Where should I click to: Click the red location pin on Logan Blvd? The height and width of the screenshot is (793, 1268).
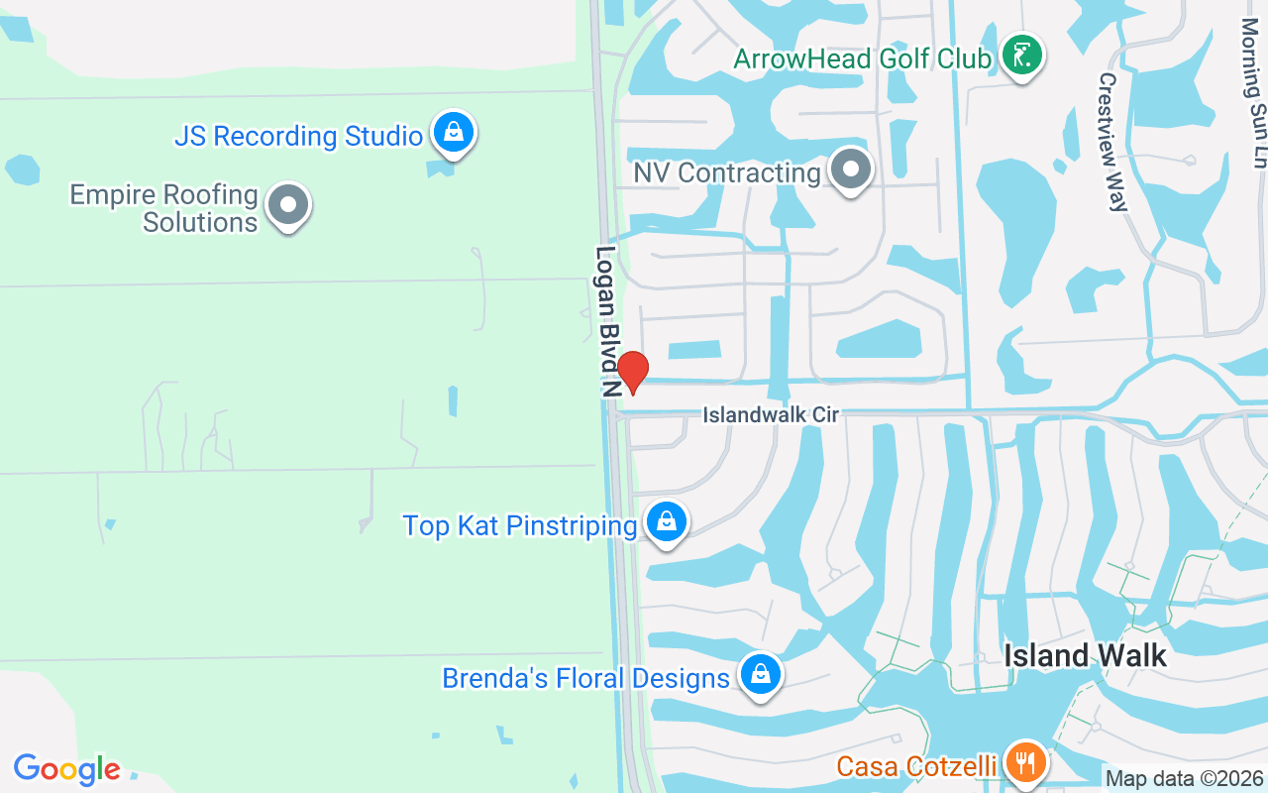coord(632,372)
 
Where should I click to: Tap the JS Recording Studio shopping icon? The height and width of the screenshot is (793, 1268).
coord(454,132)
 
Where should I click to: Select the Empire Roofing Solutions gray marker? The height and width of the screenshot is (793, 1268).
coord(288,205)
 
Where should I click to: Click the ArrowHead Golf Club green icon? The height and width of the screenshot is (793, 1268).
coord(1021,56)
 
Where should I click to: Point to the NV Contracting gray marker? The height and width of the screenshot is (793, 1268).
coord(850,170)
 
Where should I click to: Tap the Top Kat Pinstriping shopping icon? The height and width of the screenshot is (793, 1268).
coord(667,521)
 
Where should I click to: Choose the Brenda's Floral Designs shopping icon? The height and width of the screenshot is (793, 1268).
coord(760,675)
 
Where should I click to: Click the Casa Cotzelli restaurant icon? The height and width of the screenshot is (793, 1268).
coord(1023,763)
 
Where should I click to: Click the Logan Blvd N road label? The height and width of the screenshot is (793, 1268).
coord(606,321)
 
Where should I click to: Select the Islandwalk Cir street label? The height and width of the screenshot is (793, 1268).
coord(771,415)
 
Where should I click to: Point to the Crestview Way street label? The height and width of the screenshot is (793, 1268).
coord(1112,142)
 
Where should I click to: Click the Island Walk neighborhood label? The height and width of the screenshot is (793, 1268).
coord(1085,655)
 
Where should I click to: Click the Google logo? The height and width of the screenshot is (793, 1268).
coord(66,769)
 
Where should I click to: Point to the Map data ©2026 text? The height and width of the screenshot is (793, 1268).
coord(1185,779)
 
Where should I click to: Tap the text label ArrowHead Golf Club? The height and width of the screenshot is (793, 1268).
coord(862,58)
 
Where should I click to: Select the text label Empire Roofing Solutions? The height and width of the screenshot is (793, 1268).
coord(164,208)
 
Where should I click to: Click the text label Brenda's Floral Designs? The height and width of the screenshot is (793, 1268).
coord(585,679)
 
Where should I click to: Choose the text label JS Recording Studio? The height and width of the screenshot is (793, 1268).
coord(298,136)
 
